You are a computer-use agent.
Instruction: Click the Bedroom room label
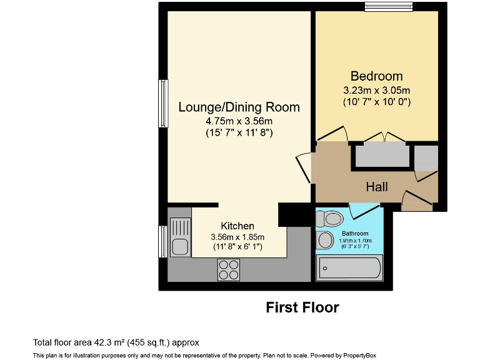[376, 76]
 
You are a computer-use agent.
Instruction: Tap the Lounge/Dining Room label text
[239, 107]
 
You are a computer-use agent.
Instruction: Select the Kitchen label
[237, 226]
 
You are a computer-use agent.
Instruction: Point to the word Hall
[377, 187]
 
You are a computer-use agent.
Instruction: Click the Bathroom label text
[355, 233]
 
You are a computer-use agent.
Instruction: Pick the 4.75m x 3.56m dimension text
[239, 121]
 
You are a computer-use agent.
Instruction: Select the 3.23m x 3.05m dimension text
[376, 89]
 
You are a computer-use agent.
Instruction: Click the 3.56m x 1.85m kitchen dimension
[237, 237]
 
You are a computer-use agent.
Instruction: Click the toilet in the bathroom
[331, 219]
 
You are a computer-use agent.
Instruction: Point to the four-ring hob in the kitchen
[228, 269]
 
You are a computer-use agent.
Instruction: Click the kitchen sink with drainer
[179, 236]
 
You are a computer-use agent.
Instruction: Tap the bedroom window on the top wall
[389, 7]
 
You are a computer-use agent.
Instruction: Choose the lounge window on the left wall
[163, 103]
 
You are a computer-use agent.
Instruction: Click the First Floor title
[302, 307]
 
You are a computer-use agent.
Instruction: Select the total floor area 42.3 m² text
[116, 342]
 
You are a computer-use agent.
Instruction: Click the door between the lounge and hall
[304, 167]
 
